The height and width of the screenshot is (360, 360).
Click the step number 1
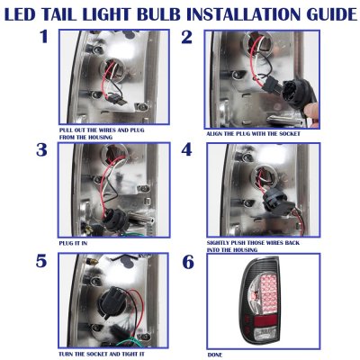coord(44,37)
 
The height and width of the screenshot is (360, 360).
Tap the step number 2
coord(186,37)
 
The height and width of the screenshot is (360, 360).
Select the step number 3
coord(41,149)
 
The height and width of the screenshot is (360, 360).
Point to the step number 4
coord(186,149)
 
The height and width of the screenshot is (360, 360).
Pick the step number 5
coord(41,261)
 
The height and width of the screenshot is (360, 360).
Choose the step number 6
coord(188,262)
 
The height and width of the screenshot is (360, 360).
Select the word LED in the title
coord(20,14)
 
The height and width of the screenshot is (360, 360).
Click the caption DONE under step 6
coord(215,355)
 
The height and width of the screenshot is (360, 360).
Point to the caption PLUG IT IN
coord(73,243)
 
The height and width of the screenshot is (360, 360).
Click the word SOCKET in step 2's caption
coord(290,134)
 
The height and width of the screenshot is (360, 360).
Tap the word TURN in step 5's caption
coord(66,355)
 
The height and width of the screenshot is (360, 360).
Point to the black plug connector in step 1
coord(118,99)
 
